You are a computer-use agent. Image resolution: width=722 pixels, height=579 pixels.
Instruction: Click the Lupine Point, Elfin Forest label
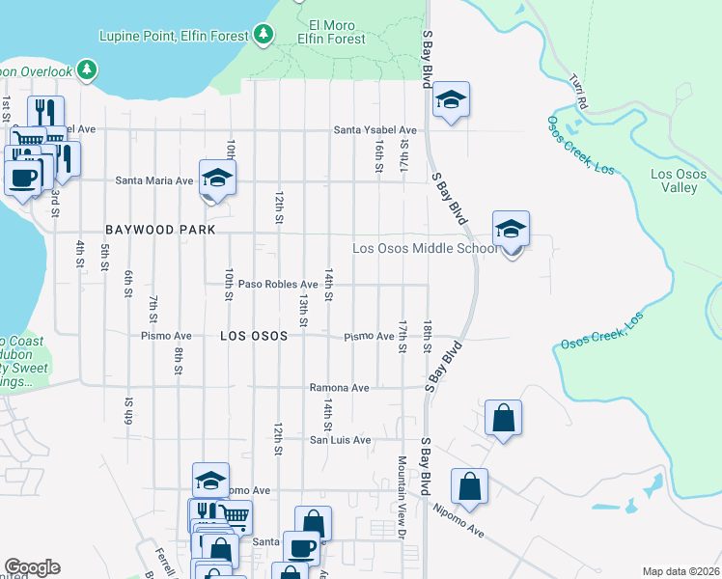pyautogui.click(x=175, y=36)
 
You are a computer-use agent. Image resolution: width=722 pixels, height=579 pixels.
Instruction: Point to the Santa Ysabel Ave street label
pyautogui.click(x=375, y=130)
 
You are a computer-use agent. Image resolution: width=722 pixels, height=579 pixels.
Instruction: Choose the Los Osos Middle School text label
pyautogui.click(x=424, y=248)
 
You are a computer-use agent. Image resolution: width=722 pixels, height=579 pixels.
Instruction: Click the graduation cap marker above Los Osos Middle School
pyautogui.click(x=511, y=230)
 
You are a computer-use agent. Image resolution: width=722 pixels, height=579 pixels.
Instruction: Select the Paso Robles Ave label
pyautogui.click(x=278, y=285)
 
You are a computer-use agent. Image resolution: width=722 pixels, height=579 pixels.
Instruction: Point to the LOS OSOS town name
pyautogui.click(x=254, y=336)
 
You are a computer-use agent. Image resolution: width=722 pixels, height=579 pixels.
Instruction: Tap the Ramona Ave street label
pyautogui.click(x=339, y=388)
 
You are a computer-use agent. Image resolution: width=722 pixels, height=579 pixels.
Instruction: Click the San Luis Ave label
pyautogui.click(x=339, y=440)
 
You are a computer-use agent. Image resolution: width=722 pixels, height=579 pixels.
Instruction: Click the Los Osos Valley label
pyautogui.click(x=674, y=180)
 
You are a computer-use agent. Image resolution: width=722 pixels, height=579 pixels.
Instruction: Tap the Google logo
pyautogui.click(x=32, y=567)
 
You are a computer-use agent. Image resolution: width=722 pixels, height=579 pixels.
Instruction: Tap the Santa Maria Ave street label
pyautogui.click(x=154, y=180)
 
